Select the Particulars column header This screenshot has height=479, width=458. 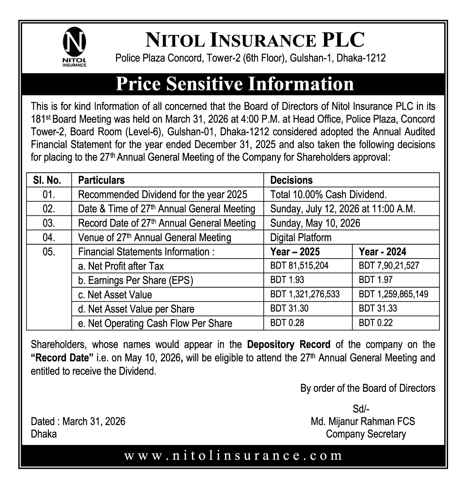(101, 180)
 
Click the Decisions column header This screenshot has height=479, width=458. (291, 180)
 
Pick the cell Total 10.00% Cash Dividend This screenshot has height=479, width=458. (328, 194)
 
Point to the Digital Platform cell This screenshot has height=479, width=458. (301, 238)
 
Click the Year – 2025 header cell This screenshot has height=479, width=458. (295, 252)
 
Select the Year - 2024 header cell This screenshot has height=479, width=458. (382, 252)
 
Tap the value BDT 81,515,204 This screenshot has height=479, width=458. (299, 265)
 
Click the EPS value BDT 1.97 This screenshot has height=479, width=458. (376, 280)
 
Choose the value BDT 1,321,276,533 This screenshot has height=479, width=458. (305, 294)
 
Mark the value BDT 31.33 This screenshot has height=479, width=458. (377, 309)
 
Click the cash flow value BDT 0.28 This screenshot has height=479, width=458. (287, 323)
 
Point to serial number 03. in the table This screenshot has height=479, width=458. (49, 223)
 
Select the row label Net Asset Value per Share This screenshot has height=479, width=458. (136, 309)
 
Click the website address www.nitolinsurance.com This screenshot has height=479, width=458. (233, 455)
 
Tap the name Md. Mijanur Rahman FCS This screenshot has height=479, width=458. (363, 421)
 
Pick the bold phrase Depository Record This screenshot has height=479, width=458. (289, 345)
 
